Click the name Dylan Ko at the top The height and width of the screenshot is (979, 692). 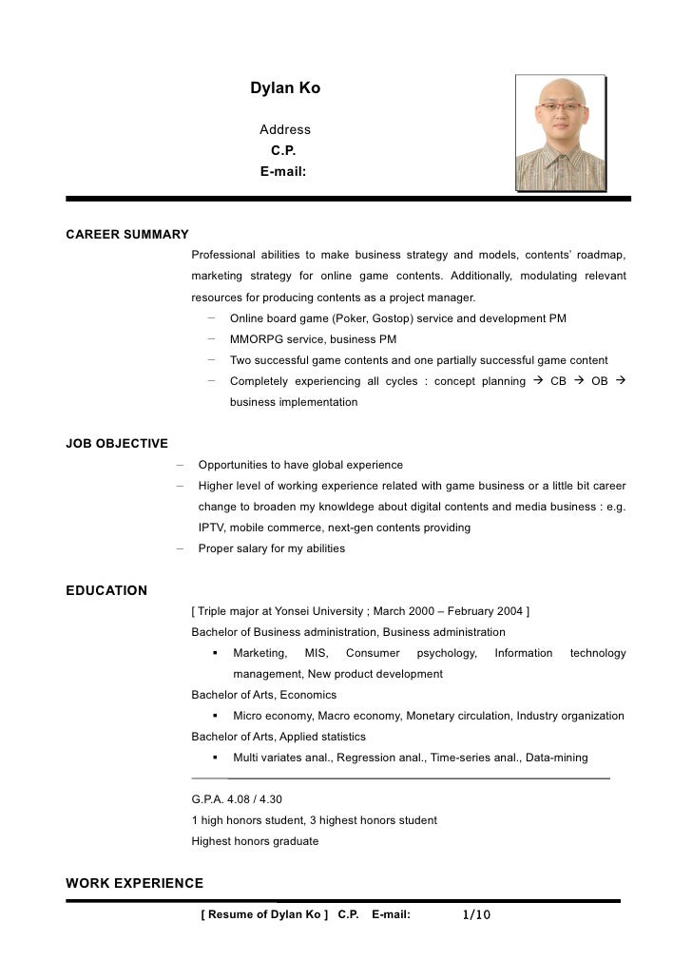coord(285,88)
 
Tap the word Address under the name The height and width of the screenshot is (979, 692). coord(285,129)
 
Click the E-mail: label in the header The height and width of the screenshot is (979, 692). coord(282,171)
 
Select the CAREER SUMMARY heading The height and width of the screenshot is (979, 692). coord(126,234)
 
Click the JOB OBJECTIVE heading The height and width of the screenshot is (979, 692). coord(116,443)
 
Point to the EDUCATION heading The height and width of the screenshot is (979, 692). coord(106,590)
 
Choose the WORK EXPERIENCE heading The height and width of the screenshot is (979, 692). coord(134,883)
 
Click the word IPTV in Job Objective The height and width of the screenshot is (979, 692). coord(213,528)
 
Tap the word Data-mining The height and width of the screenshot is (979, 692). coord(557,758)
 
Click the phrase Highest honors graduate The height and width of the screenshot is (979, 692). coord(255,841)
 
